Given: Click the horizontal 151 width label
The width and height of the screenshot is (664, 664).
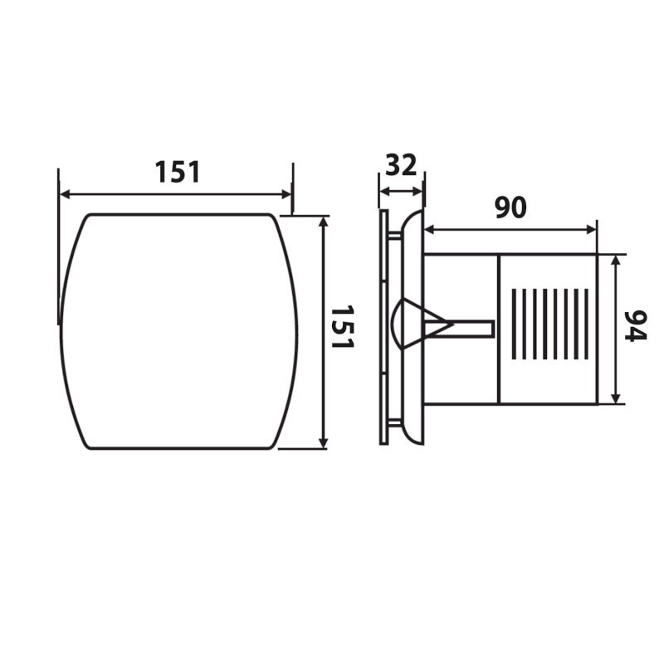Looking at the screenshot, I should pos(178,172).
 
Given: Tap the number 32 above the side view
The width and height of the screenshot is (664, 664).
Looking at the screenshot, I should pos(401,164).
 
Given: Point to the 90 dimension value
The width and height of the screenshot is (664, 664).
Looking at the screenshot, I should pos(510,207).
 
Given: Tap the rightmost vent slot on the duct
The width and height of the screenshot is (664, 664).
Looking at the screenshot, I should pos(587,325).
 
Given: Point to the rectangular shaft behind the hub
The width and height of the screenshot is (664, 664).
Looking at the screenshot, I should pos(473,330).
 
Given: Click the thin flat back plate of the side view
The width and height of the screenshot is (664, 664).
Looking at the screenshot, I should pos(383,327).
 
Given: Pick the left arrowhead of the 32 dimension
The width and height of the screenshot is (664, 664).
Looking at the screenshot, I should pos(383,191).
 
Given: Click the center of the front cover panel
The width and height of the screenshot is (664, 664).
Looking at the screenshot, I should pos(178,331).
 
